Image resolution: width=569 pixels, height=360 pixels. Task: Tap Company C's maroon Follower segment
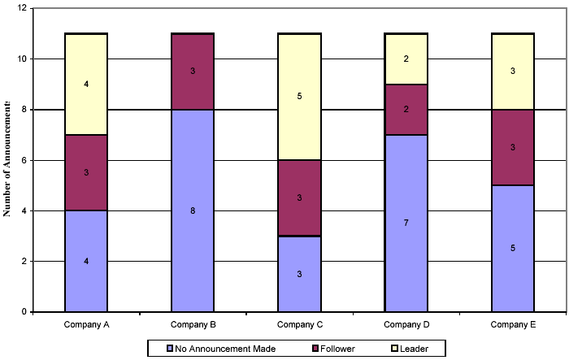[x=299, y=197]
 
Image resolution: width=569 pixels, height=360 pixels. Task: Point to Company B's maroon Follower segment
[x=193, y=72]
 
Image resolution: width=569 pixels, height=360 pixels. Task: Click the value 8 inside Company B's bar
[x=193, y=210]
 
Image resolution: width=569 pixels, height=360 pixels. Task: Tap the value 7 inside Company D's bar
[x=406, y=223]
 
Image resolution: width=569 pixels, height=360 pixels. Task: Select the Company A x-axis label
[x=86, y=325]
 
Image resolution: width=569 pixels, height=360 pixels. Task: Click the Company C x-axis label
[x=299, y=325]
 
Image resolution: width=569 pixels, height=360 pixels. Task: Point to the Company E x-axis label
[x=512, y=325]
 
